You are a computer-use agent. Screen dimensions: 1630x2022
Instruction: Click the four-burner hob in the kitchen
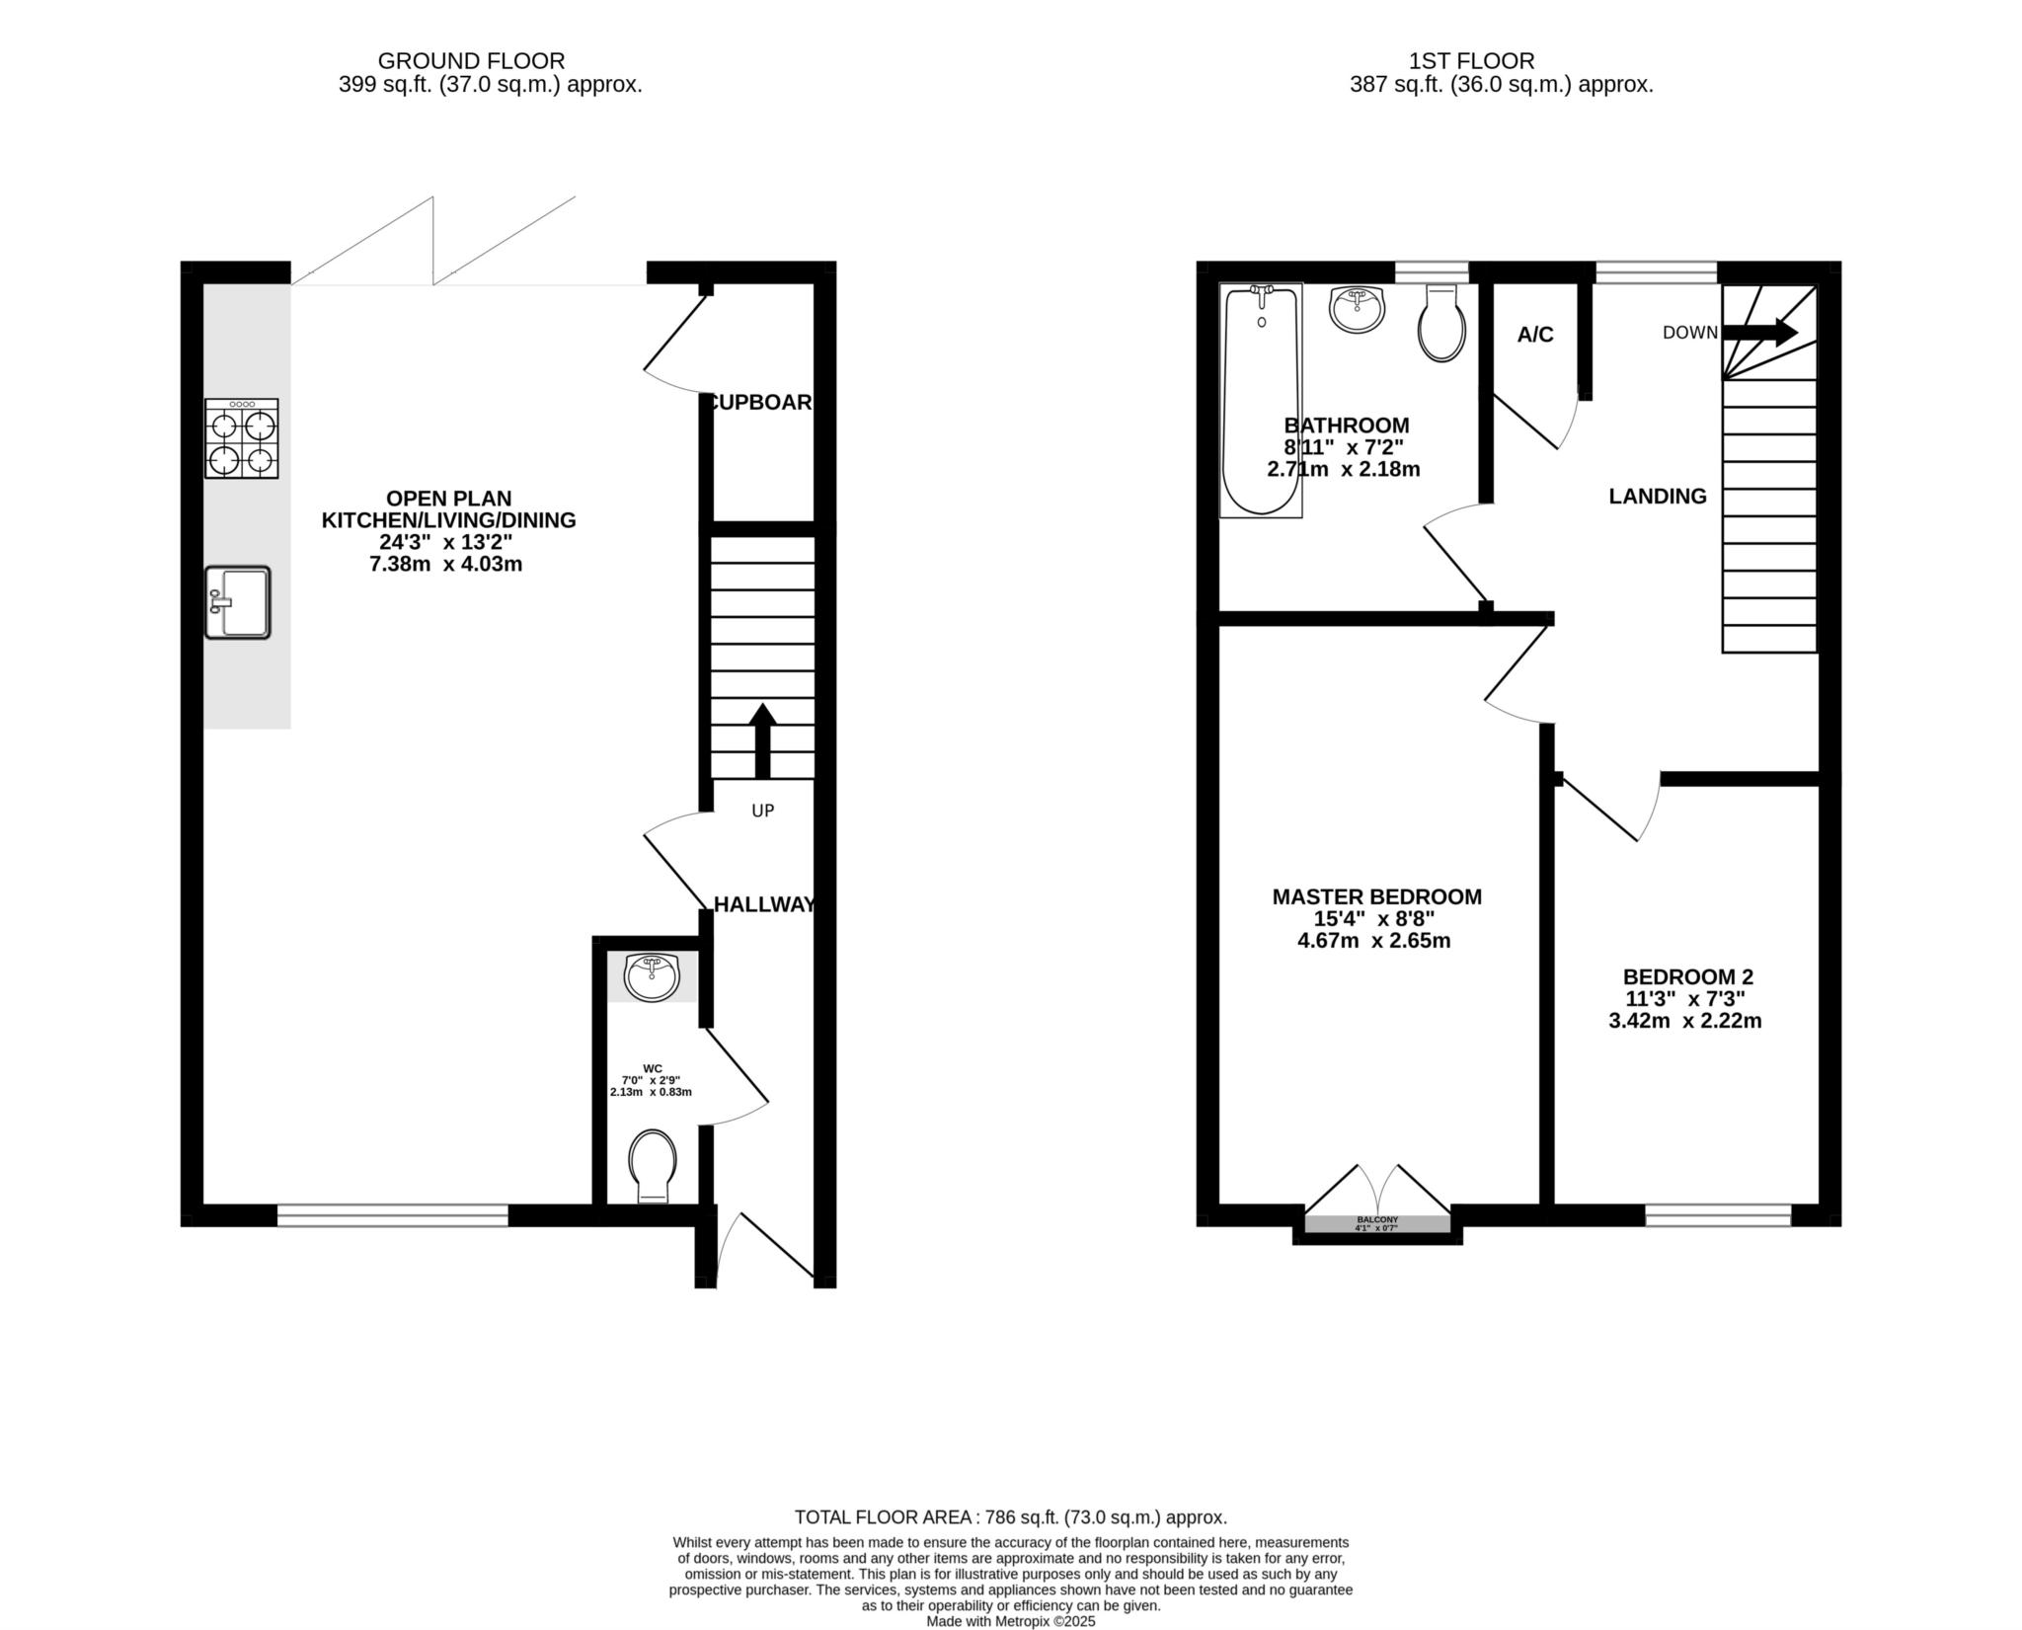[x=242, y=438]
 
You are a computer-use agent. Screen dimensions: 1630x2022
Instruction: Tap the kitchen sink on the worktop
[x=238, y=602]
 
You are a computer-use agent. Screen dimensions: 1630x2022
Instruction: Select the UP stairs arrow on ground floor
[x=762, y=740]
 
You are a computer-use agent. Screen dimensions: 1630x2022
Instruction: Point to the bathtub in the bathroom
[x=1261, y=400]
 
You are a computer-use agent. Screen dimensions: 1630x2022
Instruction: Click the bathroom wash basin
[x=1359, y=310]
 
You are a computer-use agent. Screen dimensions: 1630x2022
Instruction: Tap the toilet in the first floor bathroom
[x=1441, y=324]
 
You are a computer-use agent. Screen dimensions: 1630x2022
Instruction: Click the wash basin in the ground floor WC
[x=652, y=977]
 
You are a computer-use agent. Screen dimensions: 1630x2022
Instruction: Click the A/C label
[x=1535, y=336]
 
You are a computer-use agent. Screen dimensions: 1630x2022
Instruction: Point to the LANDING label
[x=1658, y=497]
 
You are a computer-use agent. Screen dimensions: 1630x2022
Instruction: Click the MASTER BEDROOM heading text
[x=1376, y=897]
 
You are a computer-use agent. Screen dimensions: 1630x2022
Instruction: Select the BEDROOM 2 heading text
[x=1688, y=977]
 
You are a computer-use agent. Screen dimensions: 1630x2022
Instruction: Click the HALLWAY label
[x=764, y=904]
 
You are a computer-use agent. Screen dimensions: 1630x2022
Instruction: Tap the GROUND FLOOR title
[x=472, y=61]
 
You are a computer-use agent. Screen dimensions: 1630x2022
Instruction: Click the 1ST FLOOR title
[x=1501, y=61]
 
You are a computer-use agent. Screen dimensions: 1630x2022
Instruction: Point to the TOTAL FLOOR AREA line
[x=1010, y=1517]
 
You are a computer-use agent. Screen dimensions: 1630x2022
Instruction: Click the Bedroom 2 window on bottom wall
[x=1718, y=1215]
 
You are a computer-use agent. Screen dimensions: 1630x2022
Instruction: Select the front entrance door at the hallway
[x=765, y=1249]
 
